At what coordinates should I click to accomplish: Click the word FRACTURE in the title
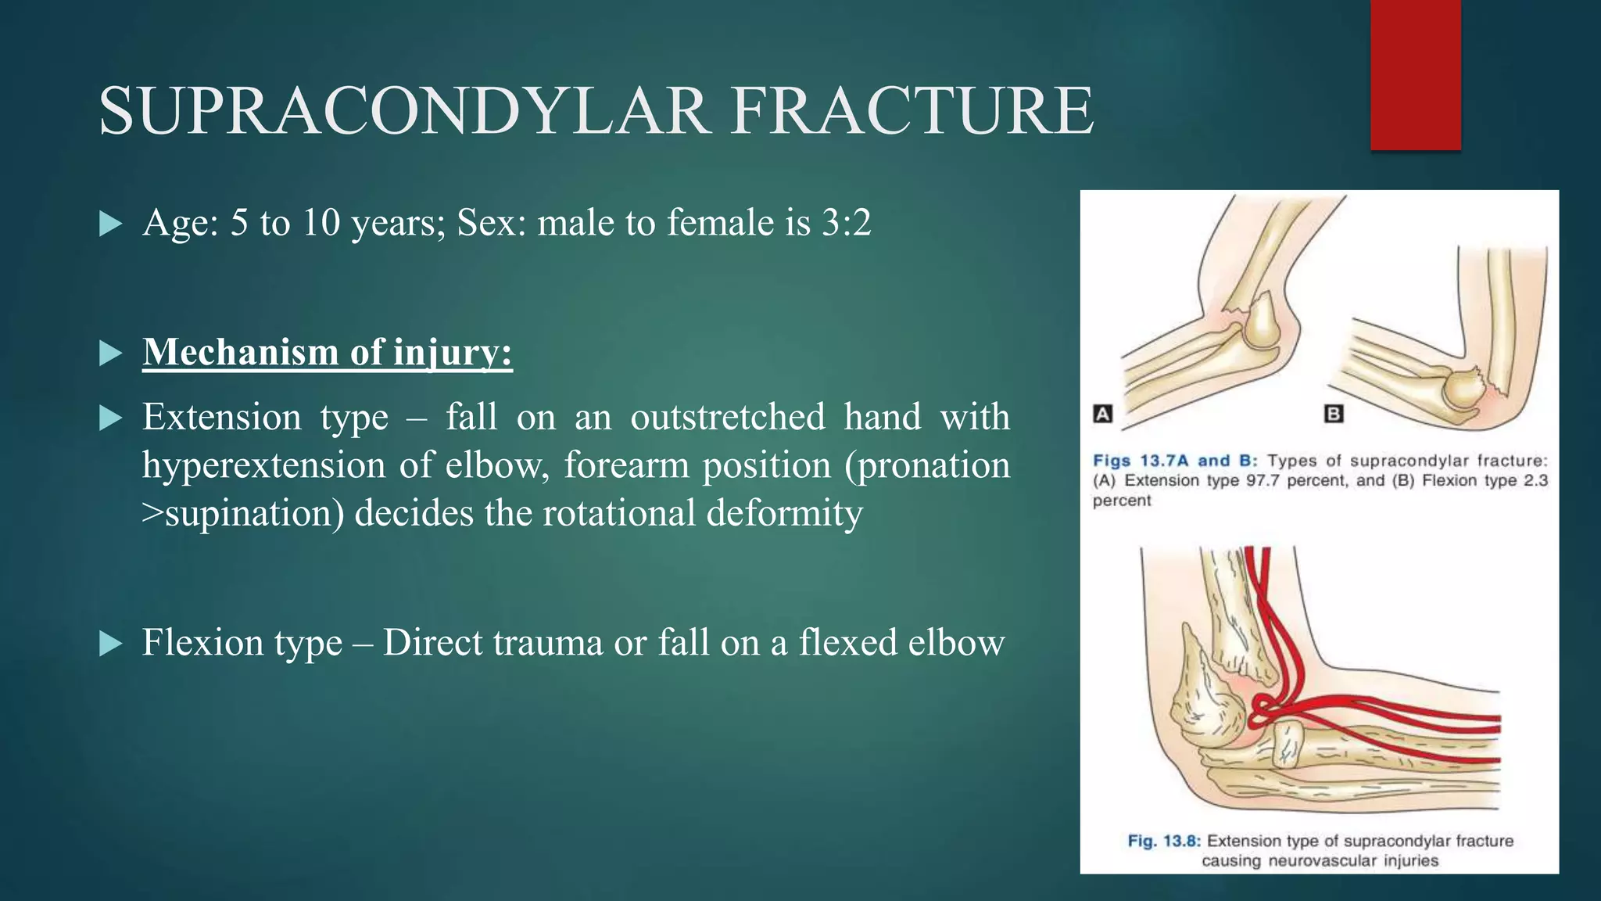[912, 111]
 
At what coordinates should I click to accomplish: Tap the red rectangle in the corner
[1415, 74]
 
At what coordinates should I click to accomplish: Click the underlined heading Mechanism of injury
[327, 352]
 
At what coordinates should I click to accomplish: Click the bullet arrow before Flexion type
[112, 644]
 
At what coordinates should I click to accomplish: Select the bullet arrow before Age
[112, 225]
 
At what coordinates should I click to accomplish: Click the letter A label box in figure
[1102, 413]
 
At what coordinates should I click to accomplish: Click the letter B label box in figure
[1334, 413]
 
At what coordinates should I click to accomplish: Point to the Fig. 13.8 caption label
[1163, 841]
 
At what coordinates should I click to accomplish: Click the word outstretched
[727, 417]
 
